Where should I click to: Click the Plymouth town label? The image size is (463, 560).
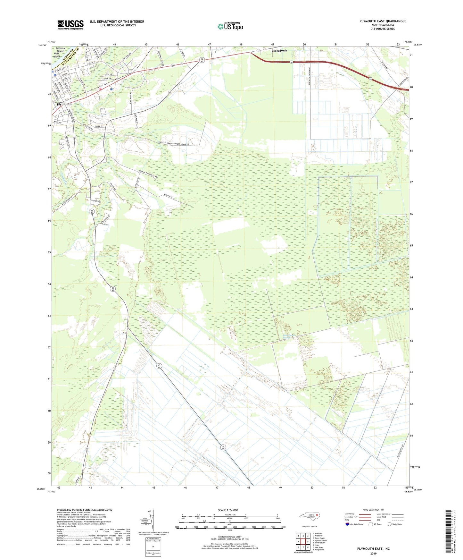click(64, 104)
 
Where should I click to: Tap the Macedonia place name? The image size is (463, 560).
click(279, 51)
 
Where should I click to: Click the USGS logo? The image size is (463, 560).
click(70, 25)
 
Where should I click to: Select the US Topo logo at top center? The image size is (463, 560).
click(230, 27)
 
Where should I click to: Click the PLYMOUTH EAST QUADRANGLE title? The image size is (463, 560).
click(383, 21)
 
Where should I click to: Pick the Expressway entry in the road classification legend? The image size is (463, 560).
click(350, 514)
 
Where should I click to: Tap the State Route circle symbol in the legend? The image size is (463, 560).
click(390, 524)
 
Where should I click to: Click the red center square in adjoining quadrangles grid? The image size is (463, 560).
click(303, 541)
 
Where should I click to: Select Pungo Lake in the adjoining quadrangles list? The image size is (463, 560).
click(318, 550)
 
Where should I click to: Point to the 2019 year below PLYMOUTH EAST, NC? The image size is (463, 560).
click(373, 553)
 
